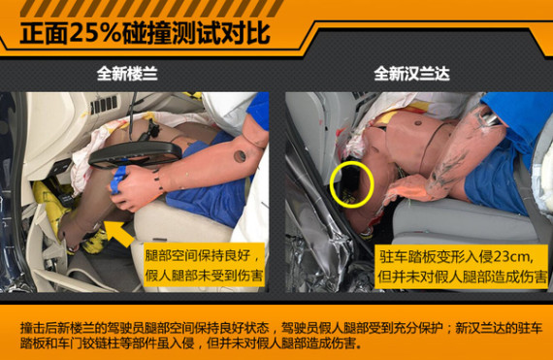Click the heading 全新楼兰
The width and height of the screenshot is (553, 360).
coord(127,74)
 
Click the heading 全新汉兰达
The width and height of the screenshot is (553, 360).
coord(411,74)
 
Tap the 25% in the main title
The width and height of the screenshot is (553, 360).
coord(95,34)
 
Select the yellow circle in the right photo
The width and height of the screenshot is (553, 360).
coord(351,184)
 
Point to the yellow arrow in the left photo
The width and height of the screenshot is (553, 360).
coord(119,234)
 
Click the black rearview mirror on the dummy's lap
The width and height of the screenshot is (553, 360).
coord(135,154)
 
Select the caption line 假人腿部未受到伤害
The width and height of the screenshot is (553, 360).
coord(204,275)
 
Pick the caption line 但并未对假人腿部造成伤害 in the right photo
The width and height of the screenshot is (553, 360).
coord(463,277)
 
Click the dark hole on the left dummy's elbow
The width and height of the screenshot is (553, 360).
coord(240,156)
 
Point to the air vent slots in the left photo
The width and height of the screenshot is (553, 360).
coord(104,105)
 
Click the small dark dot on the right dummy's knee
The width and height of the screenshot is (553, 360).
coord(418,123)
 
